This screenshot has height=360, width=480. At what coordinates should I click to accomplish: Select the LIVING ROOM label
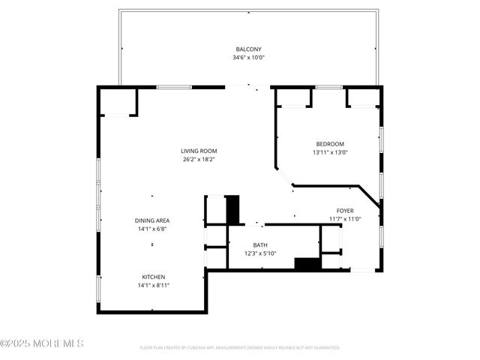[199, 151]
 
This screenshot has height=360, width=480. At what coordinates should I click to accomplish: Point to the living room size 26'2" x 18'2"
[199, 159]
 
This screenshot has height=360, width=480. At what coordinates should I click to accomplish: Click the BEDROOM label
[329, 144]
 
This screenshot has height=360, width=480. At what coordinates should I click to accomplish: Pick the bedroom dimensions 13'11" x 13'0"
[329, 152]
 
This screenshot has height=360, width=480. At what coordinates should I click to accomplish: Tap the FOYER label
[345, 211]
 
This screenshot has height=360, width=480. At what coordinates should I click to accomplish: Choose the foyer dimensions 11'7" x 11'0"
[345, 219]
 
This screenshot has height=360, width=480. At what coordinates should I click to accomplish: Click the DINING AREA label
[152, 220]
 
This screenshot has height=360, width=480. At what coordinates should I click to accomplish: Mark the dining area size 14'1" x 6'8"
[152, 229]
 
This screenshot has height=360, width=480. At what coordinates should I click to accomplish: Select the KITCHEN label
[153, 277]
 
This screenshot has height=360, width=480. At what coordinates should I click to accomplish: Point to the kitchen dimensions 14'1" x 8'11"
[153, 285]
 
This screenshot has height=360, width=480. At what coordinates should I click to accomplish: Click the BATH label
[260, 245]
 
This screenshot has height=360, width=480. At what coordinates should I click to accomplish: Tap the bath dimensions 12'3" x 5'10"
[260, 253]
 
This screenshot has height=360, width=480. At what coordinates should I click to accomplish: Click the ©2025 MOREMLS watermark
[42, 343]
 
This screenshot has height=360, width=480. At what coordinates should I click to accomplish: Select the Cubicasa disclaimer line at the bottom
[240, 348]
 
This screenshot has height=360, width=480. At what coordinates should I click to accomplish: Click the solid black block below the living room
[232, 208]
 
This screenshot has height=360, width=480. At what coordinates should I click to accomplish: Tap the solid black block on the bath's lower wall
[307, 264]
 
